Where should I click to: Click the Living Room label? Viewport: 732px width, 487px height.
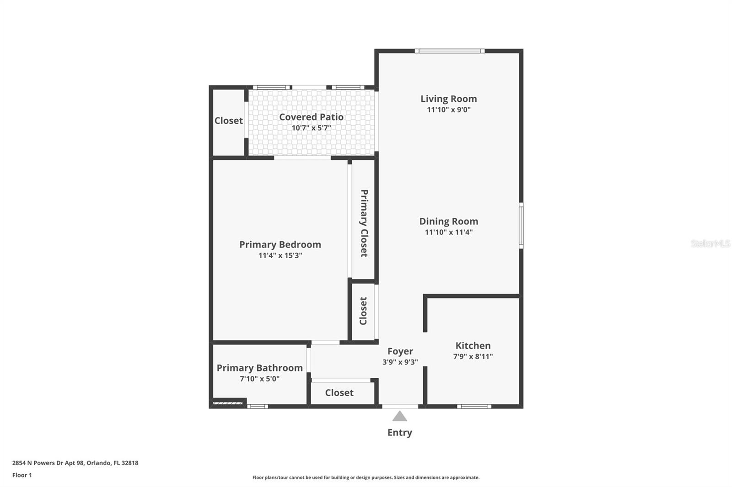point(448,99)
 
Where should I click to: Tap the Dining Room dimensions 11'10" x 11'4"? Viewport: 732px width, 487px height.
point(448,232)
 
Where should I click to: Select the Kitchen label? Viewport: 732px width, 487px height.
point(473,345)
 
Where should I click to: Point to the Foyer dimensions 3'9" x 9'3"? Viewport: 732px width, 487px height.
point(400,362)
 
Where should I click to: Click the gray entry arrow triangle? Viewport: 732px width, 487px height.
point(400,416)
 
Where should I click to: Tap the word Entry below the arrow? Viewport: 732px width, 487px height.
point(400,433)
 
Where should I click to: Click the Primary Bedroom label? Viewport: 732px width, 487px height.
point(280,244)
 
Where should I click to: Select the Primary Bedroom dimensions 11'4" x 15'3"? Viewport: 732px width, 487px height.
point(280,255)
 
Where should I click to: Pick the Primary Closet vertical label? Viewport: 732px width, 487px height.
point(364,223)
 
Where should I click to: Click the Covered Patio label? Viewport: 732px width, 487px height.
point(311,117)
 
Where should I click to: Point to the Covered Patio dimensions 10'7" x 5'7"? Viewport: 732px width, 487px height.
point(311,127)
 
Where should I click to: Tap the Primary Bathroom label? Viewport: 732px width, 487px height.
point(259,368)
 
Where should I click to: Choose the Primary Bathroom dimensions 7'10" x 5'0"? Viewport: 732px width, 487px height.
point(259,379)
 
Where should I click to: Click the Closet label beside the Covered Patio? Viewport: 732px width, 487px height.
point(228,121)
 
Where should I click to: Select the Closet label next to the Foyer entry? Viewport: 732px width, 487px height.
point(339,392)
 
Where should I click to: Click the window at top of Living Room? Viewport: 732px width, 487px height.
point(450,51)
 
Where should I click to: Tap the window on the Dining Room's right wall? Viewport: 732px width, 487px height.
point(521,226)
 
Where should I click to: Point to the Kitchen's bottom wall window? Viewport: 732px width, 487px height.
point(474,407)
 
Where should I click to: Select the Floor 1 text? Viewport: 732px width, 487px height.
point(22,475)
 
